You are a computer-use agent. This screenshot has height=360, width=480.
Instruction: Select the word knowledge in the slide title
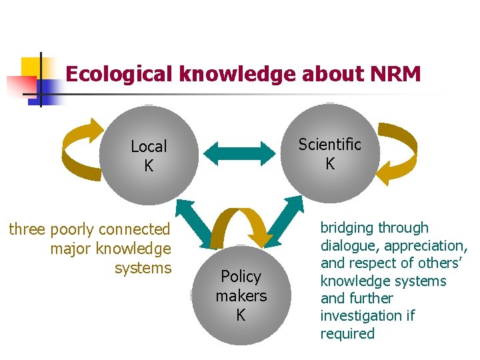[x=237, y=74]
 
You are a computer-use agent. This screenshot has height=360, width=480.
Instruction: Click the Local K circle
[x=149, y=155]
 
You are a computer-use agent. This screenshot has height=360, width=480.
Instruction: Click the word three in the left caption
[x=27, y=229]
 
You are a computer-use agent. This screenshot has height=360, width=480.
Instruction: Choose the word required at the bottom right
[x=347, y=333]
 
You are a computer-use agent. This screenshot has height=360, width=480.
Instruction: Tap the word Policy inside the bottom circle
[x=241, y=277]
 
